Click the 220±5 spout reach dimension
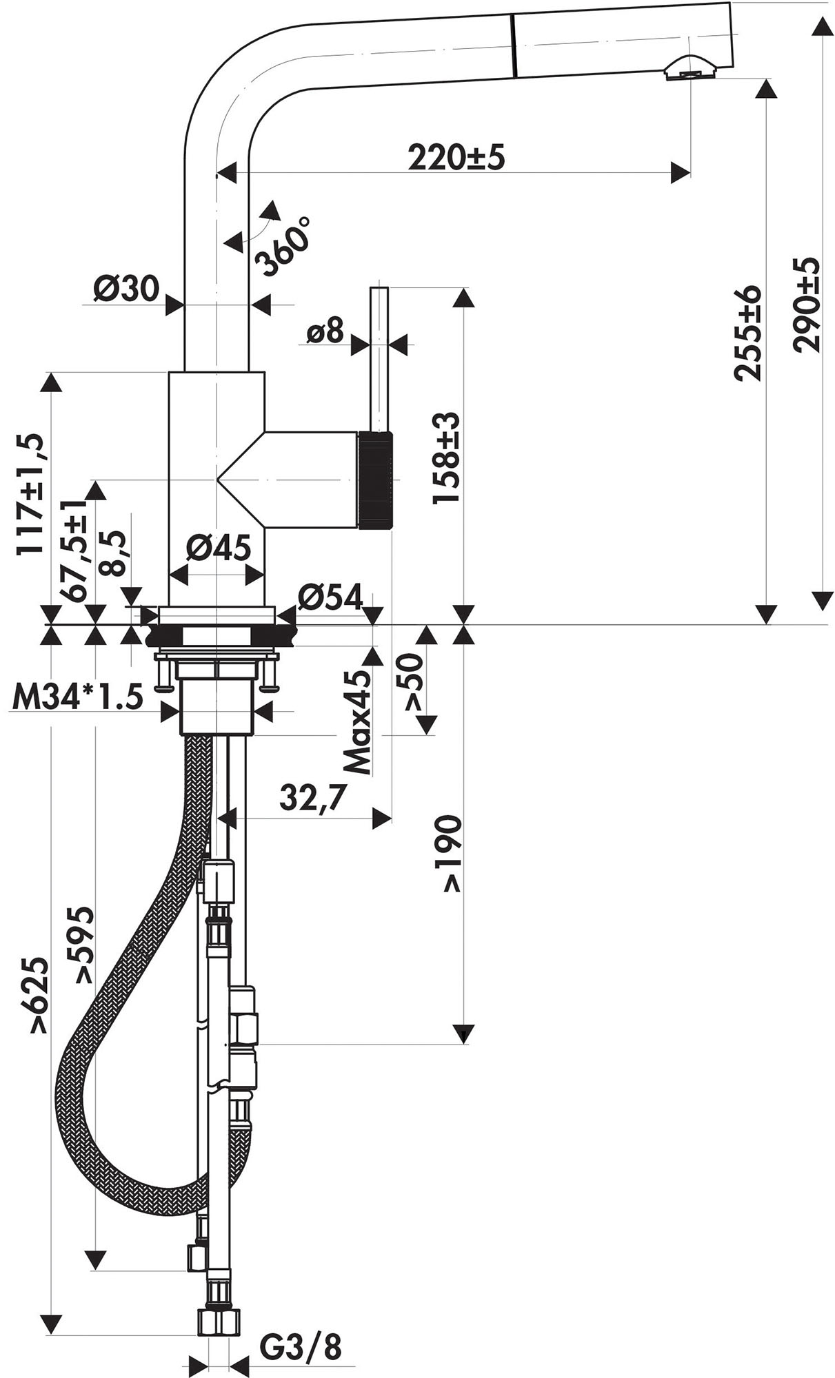pos(456,158)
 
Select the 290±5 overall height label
pos(805,305)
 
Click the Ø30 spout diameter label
pos(126,289)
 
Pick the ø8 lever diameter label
pos(325,332)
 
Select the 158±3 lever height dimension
pos(446,458)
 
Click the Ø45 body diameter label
pos(218,548)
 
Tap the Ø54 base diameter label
pos(330,597)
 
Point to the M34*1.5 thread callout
pos(77,698)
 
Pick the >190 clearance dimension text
pos(452,854)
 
